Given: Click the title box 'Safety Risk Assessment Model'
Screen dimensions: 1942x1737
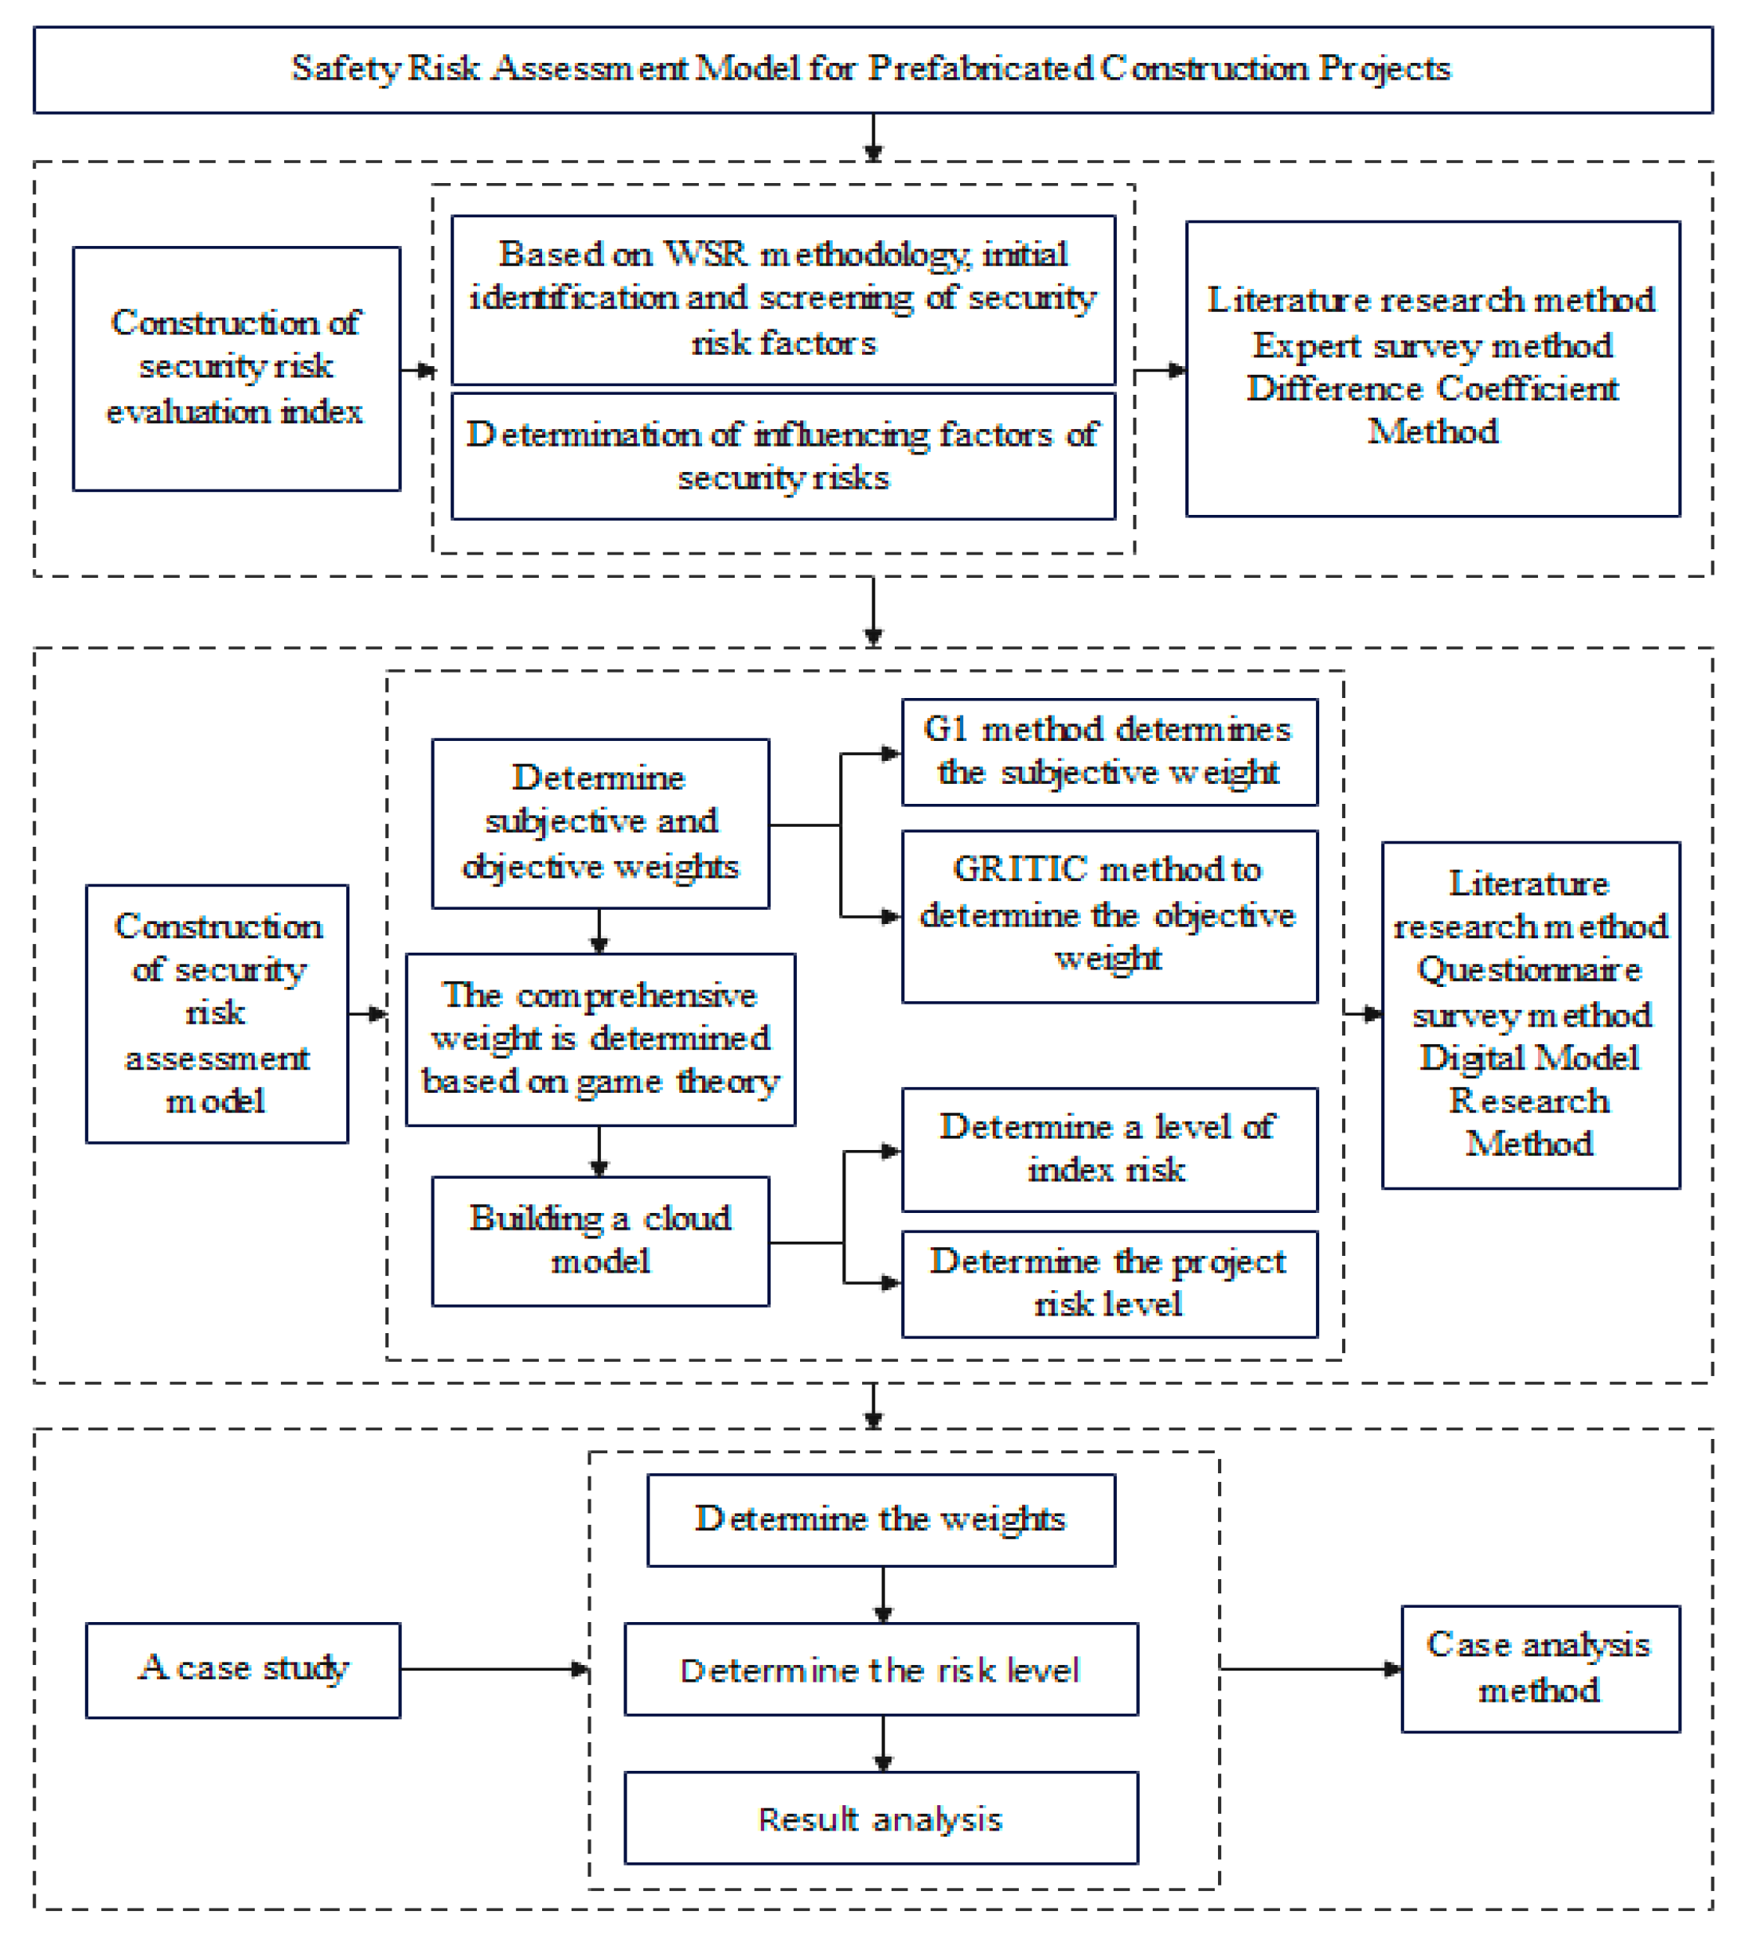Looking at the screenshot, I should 872,68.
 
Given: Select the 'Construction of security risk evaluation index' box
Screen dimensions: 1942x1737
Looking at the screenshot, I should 236,369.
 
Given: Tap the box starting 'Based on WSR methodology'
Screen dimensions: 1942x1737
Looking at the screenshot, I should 783,298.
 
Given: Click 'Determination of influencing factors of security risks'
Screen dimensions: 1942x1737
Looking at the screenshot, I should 783,456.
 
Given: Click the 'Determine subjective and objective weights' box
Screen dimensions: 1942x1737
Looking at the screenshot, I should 599,823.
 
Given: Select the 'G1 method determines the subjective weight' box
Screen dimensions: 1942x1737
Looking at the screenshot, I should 1109,751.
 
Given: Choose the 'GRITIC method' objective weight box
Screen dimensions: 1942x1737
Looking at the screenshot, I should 1109,915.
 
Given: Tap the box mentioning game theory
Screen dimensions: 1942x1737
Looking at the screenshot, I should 599,1039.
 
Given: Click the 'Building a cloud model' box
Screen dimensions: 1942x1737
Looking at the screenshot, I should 599,1240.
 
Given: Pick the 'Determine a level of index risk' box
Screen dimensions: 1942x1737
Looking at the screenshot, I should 1109,1148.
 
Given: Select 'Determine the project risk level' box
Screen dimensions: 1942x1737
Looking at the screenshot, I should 1109,1282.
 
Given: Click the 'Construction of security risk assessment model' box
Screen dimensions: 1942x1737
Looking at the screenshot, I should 217,1012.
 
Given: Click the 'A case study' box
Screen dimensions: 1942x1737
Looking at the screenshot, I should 243,1669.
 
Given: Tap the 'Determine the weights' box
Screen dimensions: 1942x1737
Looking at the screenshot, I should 880,1519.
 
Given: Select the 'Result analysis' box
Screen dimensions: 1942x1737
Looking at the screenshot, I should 880,1818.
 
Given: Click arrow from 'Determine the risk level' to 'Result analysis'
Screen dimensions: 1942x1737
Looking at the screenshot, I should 883,1742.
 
